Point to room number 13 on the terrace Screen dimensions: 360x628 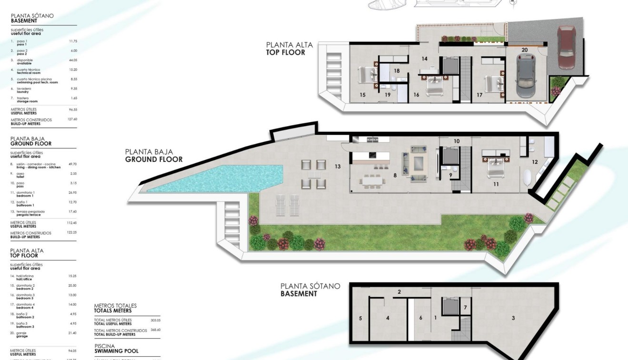[338, 167]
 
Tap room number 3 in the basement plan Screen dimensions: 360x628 [513, 318]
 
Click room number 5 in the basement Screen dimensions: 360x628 [360, 318]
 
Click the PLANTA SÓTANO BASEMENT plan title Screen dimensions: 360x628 [310, 290]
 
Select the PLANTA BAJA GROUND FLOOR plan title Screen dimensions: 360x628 [153, 156]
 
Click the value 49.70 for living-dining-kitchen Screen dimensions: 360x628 [73, 164]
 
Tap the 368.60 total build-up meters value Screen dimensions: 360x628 [155, 330]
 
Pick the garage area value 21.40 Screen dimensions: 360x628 [72, 333]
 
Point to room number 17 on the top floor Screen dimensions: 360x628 [479, 95]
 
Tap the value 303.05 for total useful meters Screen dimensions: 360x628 [155, 320]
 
